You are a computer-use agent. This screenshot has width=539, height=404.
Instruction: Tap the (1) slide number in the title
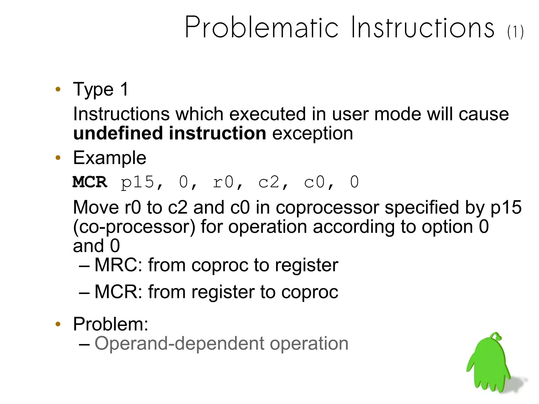[515, 32]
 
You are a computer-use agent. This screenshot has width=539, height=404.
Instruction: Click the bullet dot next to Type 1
[58, 89]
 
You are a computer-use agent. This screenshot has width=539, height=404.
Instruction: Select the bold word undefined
[118, 133]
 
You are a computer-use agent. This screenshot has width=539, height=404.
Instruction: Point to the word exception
[312, 134]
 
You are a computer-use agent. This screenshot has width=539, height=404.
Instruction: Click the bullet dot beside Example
[58, 158]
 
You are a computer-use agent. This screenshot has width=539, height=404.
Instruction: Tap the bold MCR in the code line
[90, 182]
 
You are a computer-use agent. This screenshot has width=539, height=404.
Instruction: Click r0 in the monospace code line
[223, 182]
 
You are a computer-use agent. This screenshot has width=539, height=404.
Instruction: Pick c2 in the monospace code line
[269, 182]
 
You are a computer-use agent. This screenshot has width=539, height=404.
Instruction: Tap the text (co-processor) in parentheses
[134, 227]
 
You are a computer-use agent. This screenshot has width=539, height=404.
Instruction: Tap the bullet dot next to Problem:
[58, 324]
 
